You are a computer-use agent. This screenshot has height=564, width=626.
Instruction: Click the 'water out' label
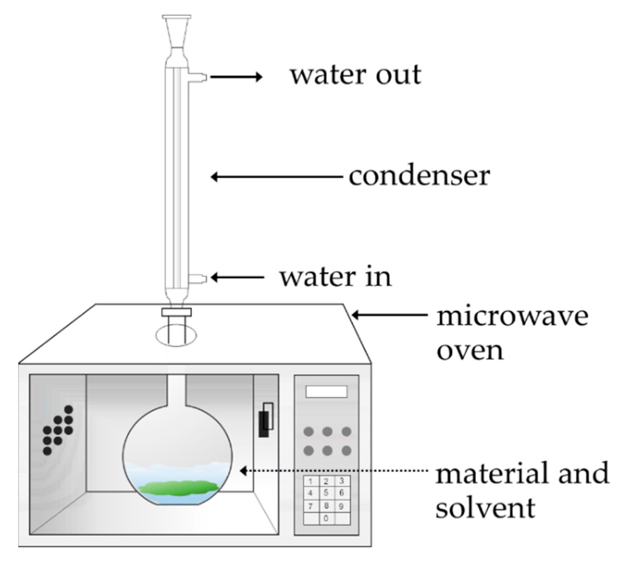[355, 75]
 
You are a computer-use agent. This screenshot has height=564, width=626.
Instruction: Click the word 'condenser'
[419, 176]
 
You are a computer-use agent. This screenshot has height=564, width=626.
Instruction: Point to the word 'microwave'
[512, 317]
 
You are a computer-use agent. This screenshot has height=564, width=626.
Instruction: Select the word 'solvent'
[485, 508]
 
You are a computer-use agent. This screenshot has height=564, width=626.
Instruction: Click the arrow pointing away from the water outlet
[236, 77]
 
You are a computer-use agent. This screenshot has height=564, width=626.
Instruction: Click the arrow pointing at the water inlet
[238, 277]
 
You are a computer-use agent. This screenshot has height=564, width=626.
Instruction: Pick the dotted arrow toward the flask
[333, 471]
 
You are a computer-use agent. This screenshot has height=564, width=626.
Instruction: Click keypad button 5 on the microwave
[326, 493]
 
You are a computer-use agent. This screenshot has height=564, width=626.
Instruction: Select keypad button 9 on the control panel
[342, 506]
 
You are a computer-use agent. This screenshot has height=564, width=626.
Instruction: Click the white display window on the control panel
[326, 392]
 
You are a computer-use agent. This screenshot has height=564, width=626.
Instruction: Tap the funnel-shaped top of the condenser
[176, 33]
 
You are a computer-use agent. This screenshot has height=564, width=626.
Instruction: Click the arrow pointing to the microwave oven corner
[389, 315]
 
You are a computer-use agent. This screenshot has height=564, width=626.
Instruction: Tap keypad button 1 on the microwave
[311, 481]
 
